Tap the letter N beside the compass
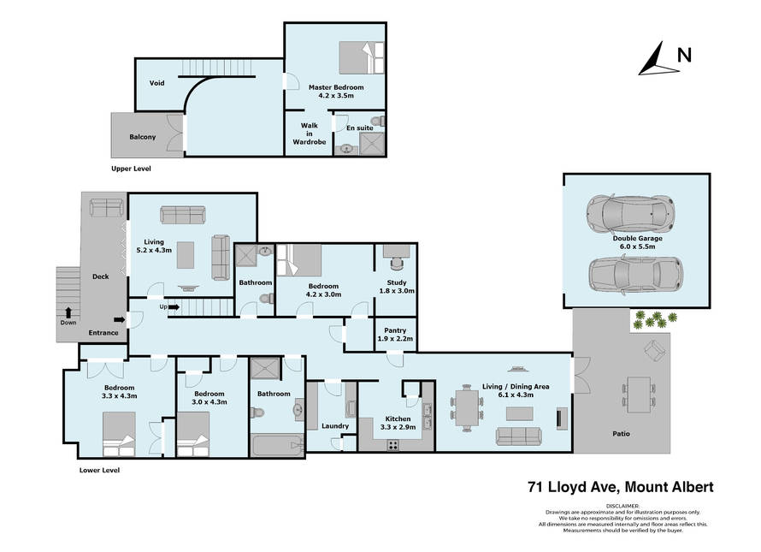[684, 55]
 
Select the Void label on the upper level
[156, 83]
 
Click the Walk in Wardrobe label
[310, 134]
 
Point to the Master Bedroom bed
[361, 58]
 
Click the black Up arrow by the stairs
[174, 307]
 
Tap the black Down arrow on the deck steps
[68, 312]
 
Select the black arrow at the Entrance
[120, 319]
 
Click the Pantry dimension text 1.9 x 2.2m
[395, 339]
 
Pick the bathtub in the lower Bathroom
[277, 445]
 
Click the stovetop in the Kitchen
[392, 445]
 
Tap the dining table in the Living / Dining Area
[466, 408]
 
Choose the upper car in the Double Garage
[630, 213]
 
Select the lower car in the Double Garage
[636, 275]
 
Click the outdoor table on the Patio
[638, 395]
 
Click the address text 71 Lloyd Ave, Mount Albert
[621, 487]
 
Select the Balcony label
[143, 137]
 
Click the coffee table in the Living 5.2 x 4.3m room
[186, 255]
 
